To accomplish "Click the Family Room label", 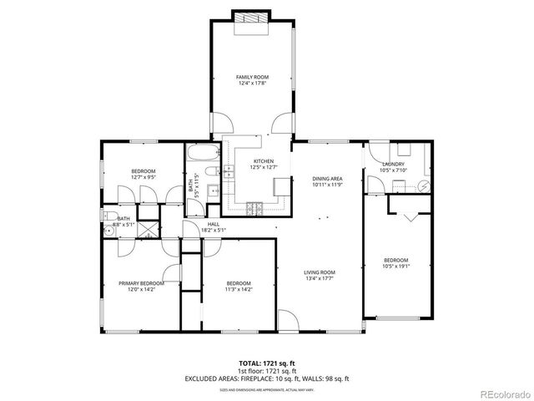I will pyautogui.click(x=250, y=77).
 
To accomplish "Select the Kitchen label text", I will pyautogui.click(x=264, y=162).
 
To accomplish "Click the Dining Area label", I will pyautogui.click(x=327, y=179).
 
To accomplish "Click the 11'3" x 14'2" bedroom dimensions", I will pyautogui.click(x=239, y=290).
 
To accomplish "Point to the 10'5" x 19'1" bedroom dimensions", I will pyautogui.click(x=395, y=266).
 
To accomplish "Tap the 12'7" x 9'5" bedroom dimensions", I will pyautogui.click(x=143, y=177).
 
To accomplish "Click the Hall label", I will pyautogui.click(x=214, y=224).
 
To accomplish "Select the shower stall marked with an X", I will pyautogui.click(x=148, y=229).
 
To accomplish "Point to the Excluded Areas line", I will pyautogui.click(x=267, y=378).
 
